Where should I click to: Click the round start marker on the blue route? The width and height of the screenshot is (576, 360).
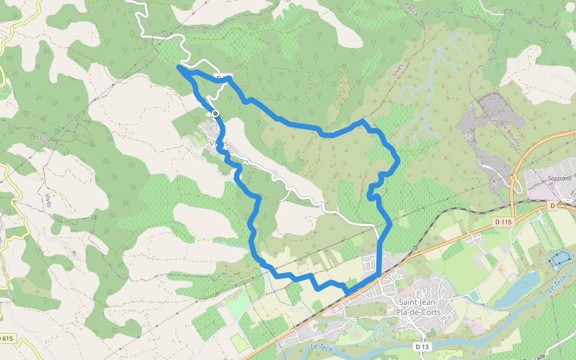click(215, 113)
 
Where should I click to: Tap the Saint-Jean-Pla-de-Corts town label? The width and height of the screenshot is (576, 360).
click(418, 308)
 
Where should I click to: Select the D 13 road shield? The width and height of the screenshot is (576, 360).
click(422, 346)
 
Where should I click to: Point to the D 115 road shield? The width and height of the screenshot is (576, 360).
click(503, 222)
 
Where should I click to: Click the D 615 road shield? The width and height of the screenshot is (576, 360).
click(6, 339)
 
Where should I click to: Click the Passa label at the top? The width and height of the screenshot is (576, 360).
click(411, 8)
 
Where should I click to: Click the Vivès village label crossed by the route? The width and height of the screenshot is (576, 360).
click(219, 143)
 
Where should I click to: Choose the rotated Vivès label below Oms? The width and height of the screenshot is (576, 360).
click(48, 200)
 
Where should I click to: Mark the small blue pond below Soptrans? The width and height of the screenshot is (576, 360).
click(560, 259)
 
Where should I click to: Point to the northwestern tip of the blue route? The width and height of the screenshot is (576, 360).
click(179, 67)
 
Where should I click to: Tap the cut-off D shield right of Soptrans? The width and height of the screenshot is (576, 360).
click(554, 205)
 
